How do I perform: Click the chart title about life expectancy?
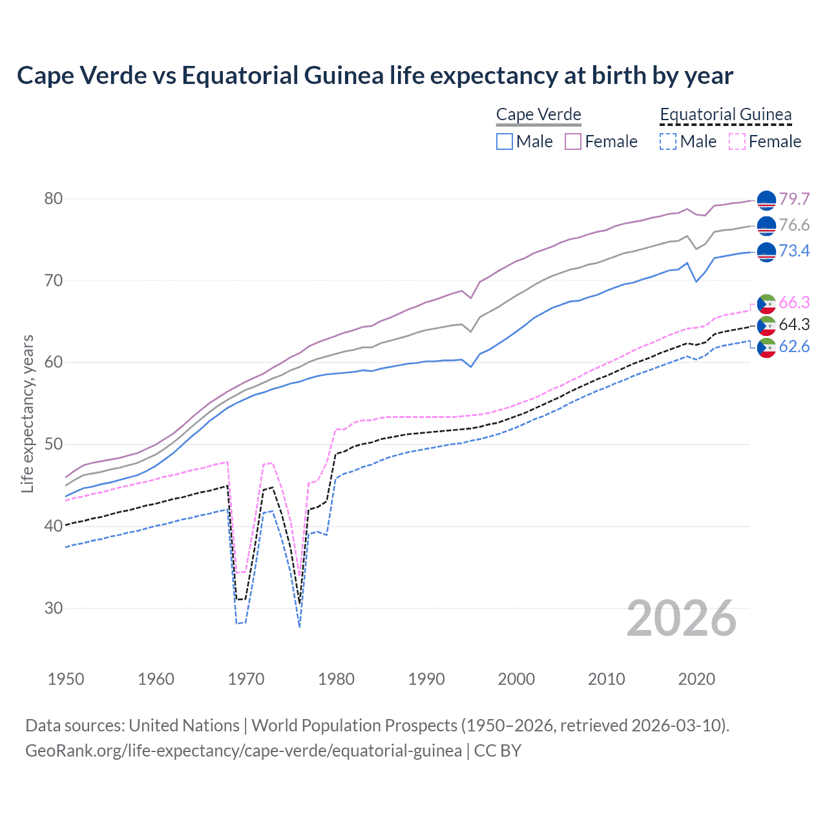point(375,76)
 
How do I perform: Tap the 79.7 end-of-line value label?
point(794,199)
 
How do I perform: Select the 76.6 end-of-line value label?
point(794,225)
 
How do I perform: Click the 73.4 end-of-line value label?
point(794,251)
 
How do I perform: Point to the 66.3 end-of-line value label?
point(794,302)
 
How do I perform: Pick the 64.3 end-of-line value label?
point(794,324)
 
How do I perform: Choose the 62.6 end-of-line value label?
point(794,346)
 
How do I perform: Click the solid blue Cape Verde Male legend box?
point(505,141)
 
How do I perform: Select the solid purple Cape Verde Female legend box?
point(573,141)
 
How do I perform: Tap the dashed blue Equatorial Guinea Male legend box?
point(668,141)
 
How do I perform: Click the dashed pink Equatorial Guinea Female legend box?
point(737,141)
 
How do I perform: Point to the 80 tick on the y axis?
point(54,198)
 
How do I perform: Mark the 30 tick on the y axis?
point(54,608)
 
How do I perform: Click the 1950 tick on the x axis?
point(66,679)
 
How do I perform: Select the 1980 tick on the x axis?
point(336,679)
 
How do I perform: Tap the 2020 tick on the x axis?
point(696,679)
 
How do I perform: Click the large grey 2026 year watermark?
point(682,618)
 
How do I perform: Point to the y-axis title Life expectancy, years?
point(27,413)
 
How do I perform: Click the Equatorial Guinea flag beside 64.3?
point(766,326)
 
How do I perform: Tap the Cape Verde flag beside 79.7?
point(766,201)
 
